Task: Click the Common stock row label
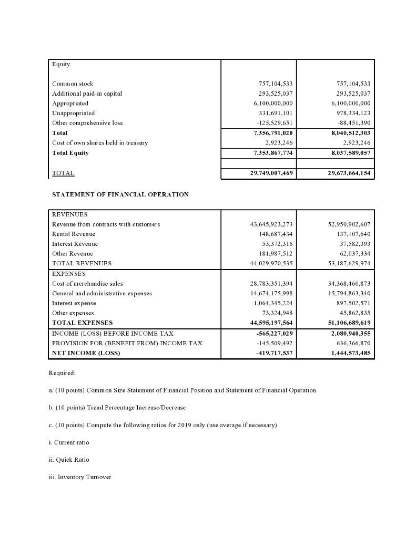[73, 84]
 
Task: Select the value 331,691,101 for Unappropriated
[272, 113]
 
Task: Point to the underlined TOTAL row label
[63, 173]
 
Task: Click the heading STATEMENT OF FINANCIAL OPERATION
[120, 194]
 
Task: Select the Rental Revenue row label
[74, 234]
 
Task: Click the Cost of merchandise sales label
[87, 283]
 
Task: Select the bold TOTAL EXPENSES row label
[82, 323]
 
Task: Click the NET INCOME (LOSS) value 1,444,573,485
[349, 353]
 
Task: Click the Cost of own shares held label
[100, 143]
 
